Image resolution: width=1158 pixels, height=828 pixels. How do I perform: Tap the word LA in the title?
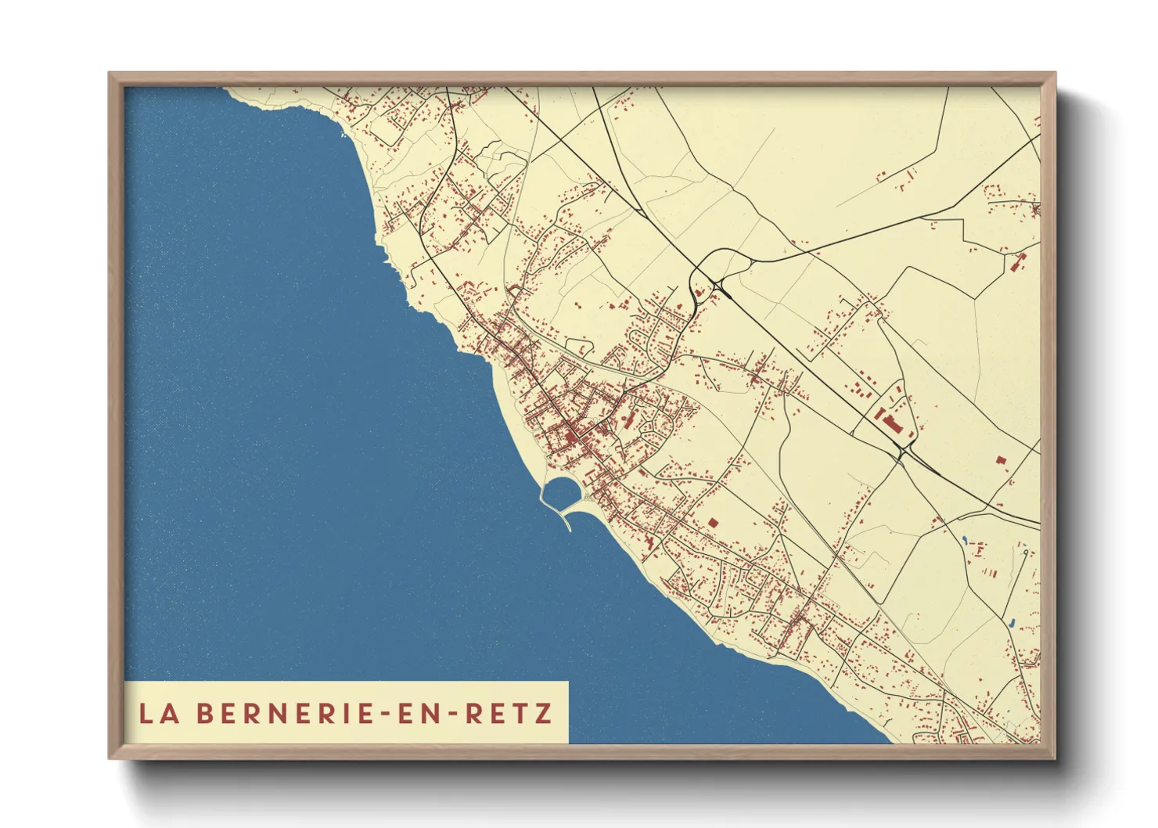[x=157, y=714]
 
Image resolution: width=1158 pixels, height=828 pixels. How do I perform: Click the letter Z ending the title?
[x=544, y=714]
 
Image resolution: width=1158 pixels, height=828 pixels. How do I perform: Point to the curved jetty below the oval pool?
[x=565, y=520]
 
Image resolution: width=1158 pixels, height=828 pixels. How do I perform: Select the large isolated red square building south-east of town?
[x=712, y=522]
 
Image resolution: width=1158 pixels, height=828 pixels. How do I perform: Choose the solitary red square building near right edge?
[x=1000, y=460]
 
